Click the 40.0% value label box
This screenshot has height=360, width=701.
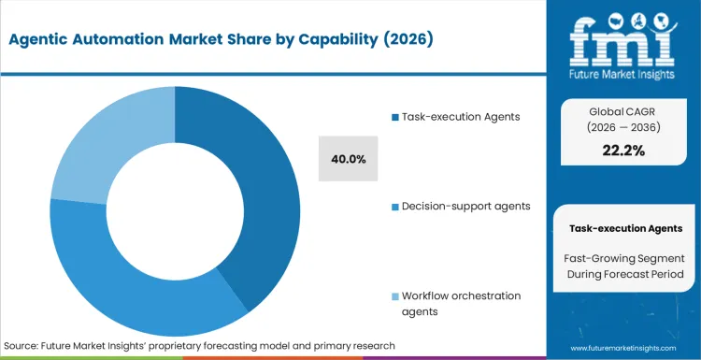coord(349,159)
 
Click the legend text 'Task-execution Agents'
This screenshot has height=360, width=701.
coord(460,117)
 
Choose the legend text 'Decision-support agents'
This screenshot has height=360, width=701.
coord(465,205)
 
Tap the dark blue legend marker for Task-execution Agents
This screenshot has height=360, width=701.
coord(394,117)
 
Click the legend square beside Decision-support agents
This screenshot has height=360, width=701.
coord(394,205)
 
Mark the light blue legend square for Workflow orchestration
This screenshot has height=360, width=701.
coord(394,295)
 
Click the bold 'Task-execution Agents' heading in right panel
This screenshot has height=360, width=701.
coord(625,228)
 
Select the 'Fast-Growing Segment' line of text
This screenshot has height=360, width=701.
coord(625,257)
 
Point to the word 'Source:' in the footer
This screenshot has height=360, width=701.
coord(23,346)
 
